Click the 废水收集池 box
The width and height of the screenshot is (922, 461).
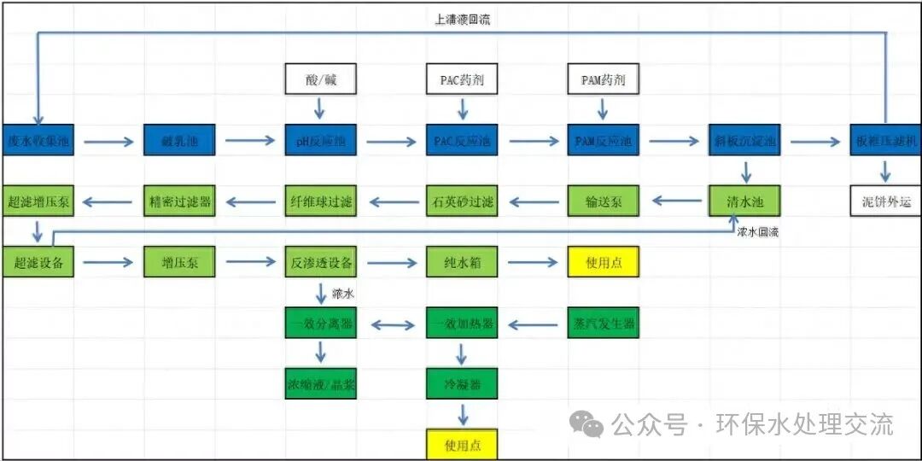(38, 140)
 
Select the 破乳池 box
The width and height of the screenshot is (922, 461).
(178, 140)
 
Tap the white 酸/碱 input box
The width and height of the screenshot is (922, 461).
(320, 79)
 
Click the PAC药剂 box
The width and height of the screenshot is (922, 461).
(462, 79)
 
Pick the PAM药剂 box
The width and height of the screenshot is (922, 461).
(603, 79)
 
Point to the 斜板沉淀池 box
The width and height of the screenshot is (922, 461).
(744, 140)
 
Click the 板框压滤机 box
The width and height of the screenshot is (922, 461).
(885, 140)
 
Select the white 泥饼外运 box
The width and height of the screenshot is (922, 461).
(885, 201)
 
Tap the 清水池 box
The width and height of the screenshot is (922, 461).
(744, 201)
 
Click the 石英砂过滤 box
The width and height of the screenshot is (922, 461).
(462, 201)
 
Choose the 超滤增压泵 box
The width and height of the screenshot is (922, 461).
(38, 201)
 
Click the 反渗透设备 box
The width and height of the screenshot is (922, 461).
(320, 262)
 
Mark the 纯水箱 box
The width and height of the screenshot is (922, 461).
(462, 262)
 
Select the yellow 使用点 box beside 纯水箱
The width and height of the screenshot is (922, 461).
(603, 262)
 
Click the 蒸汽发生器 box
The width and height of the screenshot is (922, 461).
(603, 324)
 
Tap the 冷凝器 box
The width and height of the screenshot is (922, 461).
(462, 384)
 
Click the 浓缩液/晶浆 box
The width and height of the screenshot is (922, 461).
(320, 384)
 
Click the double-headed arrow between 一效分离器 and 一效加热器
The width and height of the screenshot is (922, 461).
(391, 324)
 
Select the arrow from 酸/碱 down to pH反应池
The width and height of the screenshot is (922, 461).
(320, 108)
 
